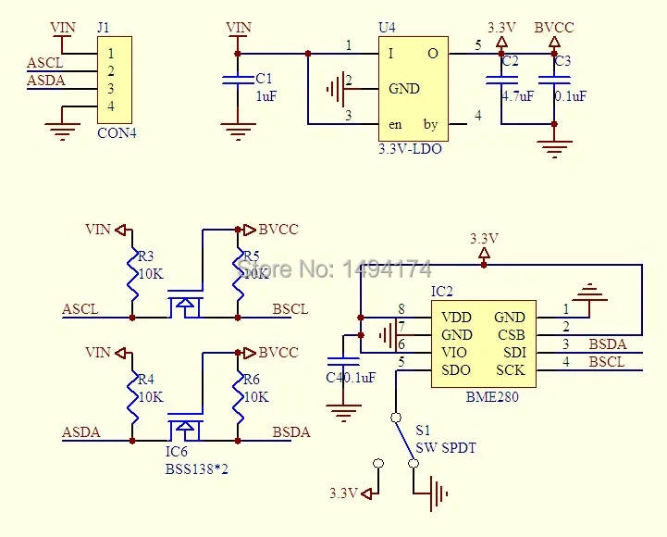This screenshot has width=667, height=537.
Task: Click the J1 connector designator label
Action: [104, 27]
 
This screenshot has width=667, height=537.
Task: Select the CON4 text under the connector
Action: [116, 132]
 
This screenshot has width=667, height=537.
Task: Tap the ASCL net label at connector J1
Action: [44, 63]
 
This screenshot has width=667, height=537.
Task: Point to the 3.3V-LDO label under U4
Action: [410, 147]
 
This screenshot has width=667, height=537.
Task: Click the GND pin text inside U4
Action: [404, 89]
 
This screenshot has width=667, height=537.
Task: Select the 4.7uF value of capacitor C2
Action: [517, 95]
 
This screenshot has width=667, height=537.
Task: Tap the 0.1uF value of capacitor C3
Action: [570, 95]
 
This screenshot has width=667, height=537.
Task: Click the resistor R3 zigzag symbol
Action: [133, 274]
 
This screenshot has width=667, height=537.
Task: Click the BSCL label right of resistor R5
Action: [290, 309]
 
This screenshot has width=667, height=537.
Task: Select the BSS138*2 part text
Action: [197, 469]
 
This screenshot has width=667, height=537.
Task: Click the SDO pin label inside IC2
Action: [456, 370]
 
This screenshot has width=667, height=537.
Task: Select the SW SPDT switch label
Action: [446, 448]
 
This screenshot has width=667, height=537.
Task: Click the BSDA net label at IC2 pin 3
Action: [607, 344]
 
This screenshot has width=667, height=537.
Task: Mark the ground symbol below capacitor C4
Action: [344, 412]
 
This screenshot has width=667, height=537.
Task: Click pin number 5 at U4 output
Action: [478, 44]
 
